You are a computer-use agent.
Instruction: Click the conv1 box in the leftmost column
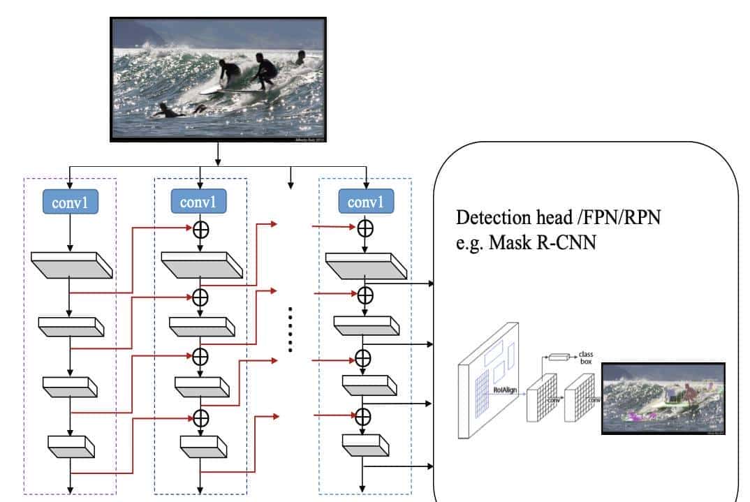[69, 202]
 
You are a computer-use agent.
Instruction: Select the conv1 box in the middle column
[200, 202]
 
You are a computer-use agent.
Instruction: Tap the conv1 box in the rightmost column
[366, 203]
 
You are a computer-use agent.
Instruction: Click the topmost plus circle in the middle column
[200, 229]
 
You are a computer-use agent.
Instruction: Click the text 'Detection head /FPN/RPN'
[558, 218]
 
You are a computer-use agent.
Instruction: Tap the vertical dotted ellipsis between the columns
[290, 330]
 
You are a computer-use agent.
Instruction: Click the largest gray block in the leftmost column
[71, 266]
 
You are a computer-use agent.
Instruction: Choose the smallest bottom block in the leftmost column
[70, 444]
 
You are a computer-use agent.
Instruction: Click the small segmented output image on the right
[663, 399]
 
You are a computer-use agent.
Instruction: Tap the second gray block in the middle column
[200, 325]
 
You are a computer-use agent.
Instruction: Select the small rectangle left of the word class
[560, 358]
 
